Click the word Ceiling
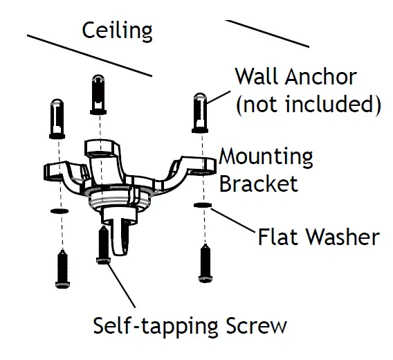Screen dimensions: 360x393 point(117,30)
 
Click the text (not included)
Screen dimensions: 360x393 point(308,105)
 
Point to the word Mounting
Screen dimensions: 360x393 point(266,156)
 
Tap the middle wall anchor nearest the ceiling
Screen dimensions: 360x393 point(98,94)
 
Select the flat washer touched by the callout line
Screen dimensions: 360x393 point(202,206)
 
